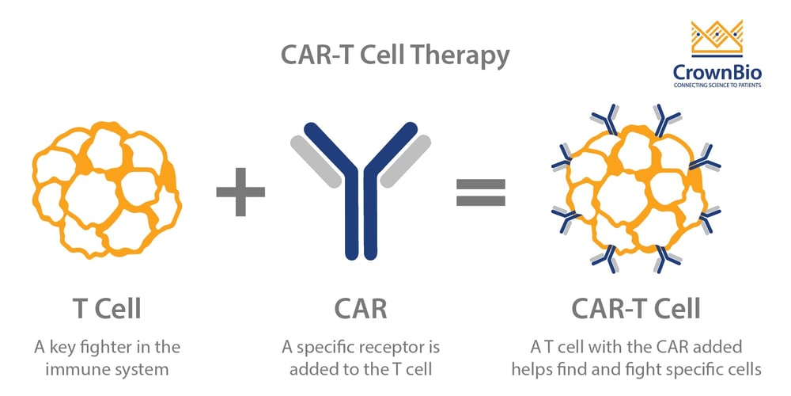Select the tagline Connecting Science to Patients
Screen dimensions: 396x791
coord(717,85)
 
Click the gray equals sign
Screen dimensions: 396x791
coord(480,192)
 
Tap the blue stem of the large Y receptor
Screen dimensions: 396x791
coord(361,230)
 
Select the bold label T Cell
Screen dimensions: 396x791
coord(107,308)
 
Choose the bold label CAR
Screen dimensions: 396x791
coord(361,308)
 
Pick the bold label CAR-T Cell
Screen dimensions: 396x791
coord(636,308)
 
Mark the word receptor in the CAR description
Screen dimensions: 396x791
coord(395,347)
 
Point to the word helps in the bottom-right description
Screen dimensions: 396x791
coord(531,369)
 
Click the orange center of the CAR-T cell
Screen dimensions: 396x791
coord(633,190)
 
